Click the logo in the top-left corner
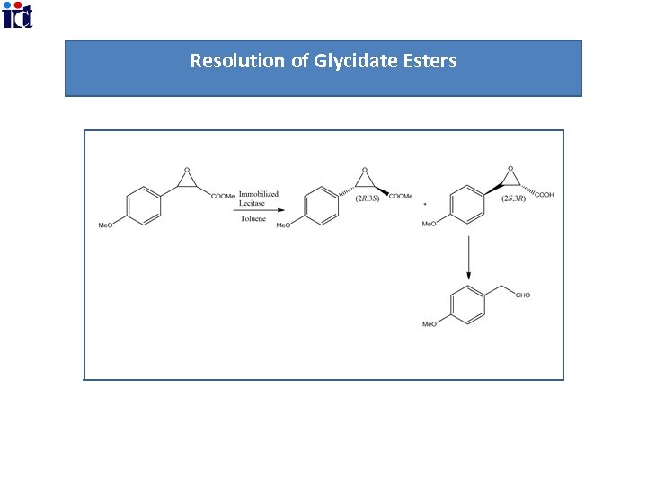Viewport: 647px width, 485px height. pos(17,15)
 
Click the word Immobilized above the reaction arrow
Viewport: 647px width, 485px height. pos(259,193)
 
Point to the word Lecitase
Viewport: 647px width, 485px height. pos(253,203)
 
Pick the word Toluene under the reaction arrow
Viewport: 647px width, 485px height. pos(253,218)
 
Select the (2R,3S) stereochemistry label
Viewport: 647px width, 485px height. pos(367,198)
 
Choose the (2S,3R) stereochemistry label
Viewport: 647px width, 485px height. pos(514,198)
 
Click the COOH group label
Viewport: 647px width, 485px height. pos(543,194)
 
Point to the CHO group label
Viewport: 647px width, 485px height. pos(522,295)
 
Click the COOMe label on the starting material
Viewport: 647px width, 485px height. pos(223,197)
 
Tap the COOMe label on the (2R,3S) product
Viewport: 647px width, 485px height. pos(401,197)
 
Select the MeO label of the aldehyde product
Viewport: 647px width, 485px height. pos(430,324)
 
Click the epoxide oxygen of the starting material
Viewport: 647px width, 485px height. pos(186,169)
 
